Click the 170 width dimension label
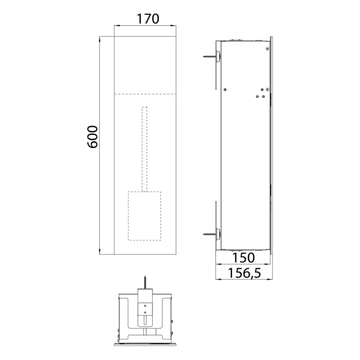tap(148, 19)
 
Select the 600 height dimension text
tap(93, 137)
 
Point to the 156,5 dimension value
tap(244, 275)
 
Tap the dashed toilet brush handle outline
tap(145, 149)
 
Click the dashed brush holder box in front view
tap(144, 216)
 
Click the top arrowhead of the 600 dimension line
tap(100, 39)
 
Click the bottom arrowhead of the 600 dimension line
tap(100, 251)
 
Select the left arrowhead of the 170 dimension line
tap(116, 26)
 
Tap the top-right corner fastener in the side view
tap(267, 48)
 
